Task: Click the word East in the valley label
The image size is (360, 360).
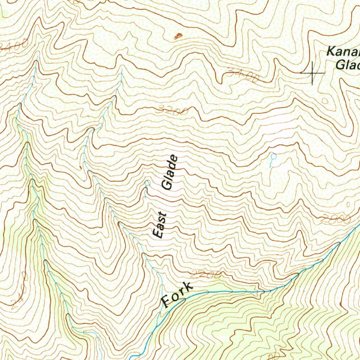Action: [160, 225]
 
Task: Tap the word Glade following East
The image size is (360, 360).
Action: [169, 173]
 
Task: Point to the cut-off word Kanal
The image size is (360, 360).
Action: [343, 52]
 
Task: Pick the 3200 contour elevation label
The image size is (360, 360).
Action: [173, 111]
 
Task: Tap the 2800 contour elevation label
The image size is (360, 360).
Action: [336, 219]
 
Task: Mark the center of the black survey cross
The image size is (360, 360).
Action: [312, 73]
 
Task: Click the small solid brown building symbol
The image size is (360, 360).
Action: [179, 36]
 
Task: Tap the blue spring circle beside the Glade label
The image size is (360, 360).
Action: [148, 183]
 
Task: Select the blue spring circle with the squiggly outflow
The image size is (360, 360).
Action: [274, 156]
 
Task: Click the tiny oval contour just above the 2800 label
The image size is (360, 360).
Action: [348, 205]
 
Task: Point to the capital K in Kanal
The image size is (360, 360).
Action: [330, 52]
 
